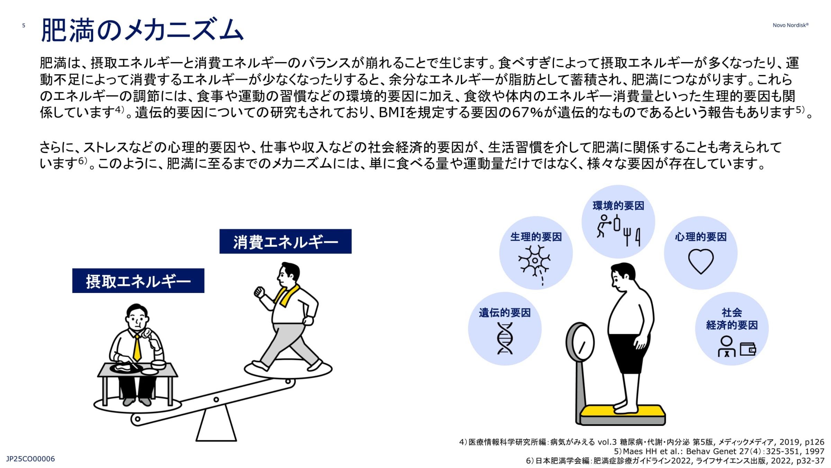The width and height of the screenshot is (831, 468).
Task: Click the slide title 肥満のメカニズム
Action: (x=142, y=30)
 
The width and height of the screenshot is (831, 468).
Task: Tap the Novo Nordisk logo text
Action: (x=790, y=25)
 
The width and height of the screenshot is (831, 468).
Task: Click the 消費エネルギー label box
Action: (x=285, y=241)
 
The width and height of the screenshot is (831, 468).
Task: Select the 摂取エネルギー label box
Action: (x=138, y=281)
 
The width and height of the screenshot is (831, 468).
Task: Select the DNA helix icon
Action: (x=505, y=338)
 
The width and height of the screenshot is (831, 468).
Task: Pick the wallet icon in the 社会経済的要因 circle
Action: (x=748, y=349)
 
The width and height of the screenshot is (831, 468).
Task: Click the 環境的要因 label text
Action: (x=618, y=206)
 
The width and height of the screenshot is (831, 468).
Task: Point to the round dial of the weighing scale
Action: (x=580, y=343)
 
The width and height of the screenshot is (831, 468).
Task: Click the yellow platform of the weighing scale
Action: (x=623, y=411)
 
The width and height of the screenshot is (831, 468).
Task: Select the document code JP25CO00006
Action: (x=30, y=459)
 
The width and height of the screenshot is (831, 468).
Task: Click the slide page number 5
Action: (x=24, y=25)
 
